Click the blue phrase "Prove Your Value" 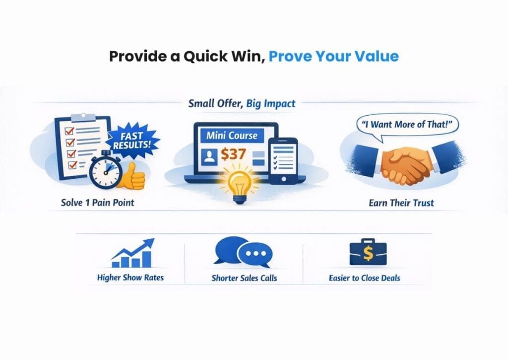tap(333, 56)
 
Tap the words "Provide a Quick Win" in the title tap(186, 56)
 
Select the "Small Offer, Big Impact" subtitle tap(242, 103)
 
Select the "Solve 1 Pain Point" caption tap(97, 203)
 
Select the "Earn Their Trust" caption tap(402, 203)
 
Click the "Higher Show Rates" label tap(130, 278)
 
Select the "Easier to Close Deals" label tap(367, 278)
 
